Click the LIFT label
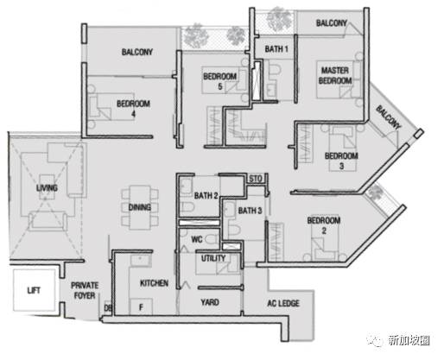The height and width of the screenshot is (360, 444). click(34, 291)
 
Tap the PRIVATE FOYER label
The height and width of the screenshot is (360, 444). click(85, 290)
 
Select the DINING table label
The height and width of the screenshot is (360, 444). click(140, 207)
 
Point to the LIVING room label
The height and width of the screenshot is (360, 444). click(47, 188)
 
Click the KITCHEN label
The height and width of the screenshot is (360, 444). click(154, 283)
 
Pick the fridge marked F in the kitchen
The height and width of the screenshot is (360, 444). click(141, 307)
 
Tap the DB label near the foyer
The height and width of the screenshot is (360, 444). click(108, 308)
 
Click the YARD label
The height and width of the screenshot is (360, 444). click(210, 302)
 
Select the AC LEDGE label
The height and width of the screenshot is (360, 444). click(283, 303)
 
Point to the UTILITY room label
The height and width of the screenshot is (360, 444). click(213, 258)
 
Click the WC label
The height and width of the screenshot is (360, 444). click(197, 239)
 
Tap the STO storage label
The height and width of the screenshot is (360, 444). click(256, 179)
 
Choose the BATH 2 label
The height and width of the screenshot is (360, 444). click(206, 196)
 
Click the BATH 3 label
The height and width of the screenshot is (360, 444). click(250, 211)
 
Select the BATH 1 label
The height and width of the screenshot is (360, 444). click(276, 49)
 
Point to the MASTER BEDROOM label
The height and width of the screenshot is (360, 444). click(335, 75)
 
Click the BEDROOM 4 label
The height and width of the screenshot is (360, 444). click(133, 109)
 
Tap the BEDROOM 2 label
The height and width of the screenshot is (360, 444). click(324, 225)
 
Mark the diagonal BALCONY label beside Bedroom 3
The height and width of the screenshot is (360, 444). click(388, 117)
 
